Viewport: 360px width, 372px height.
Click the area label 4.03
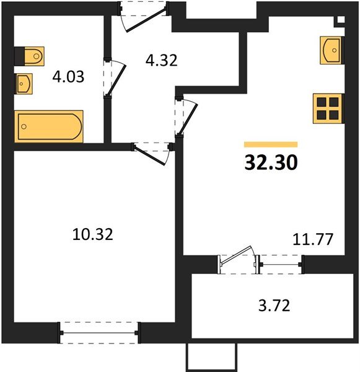(68, 77)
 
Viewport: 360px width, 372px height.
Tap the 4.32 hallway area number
(162, 60)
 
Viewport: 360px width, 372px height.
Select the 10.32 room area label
(93, 234)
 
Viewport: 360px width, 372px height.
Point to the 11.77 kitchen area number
(313, 239)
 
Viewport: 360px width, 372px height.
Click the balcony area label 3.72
(274, 306)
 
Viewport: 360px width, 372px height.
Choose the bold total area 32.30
(271, 162)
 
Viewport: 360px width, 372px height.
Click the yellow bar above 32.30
(271, 144)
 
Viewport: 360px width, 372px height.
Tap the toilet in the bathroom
(30, 56)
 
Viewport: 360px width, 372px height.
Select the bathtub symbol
(49, 126)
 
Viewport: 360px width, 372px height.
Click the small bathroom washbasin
(24, 84)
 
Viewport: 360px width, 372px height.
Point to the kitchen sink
(331, 50)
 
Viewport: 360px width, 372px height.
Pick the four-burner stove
(328, 108)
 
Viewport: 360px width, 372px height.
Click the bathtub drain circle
(24, 126)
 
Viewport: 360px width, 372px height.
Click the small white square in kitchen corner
(341, 20)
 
